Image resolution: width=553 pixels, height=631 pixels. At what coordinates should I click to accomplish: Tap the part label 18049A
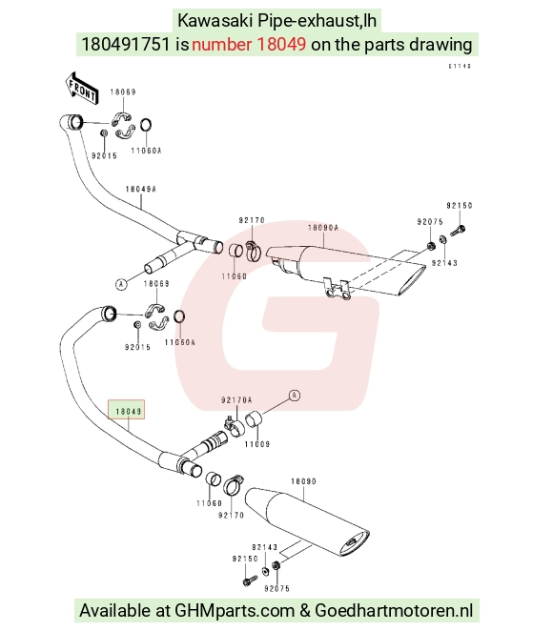point(140,189)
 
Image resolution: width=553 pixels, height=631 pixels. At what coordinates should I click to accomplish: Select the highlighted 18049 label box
point(126,410)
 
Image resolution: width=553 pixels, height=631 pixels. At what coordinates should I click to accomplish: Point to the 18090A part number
point(323,228)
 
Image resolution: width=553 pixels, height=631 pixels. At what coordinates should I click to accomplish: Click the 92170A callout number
point(236,400)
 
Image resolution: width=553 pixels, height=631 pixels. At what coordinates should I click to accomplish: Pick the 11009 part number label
point(257,444)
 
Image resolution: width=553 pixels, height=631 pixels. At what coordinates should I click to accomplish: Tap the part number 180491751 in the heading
point(126,44)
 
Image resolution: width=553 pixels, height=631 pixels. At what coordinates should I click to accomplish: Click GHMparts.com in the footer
point(235,611)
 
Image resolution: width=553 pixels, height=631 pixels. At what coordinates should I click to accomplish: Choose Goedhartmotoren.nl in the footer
point(394,611)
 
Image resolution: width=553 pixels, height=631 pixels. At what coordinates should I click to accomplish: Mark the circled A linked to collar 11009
point(295,396)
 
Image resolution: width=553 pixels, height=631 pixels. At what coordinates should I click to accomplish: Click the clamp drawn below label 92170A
point(234,425)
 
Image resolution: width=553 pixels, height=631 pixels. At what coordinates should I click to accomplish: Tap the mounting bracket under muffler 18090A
point(338,289)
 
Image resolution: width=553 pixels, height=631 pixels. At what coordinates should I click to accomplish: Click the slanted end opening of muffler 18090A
point(412,280)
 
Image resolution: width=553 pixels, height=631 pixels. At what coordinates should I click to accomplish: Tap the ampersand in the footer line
point(305,611)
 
